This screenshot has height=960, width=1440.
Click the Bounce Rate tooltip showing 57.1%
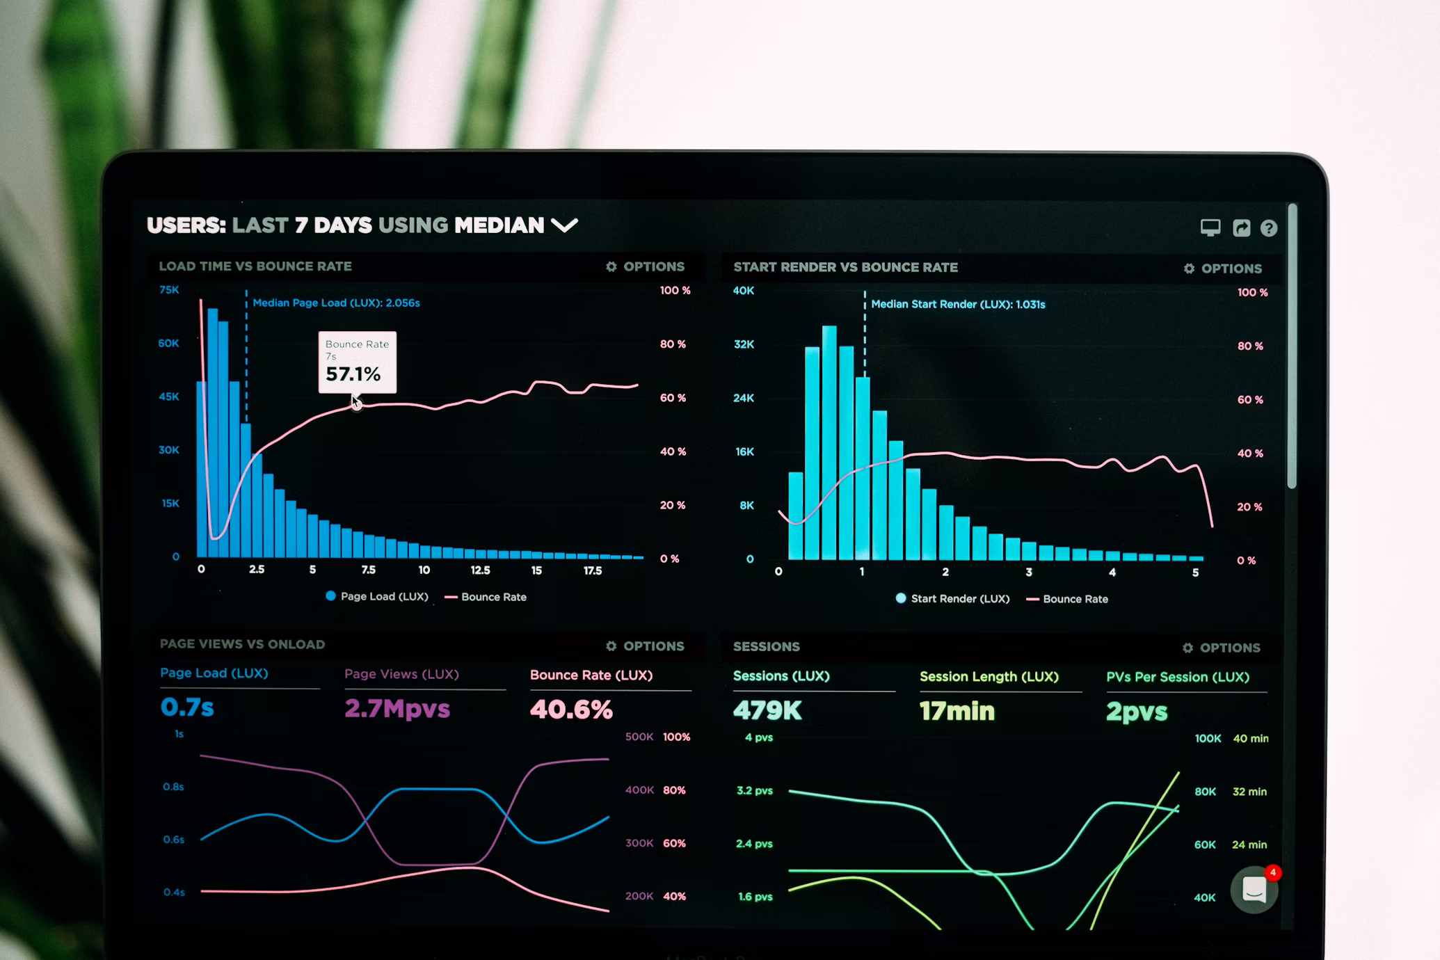click(357, 362)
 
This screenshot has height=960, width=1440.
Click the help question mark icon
click(1268, 228)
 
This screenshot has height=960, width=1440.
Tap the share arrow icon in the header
click(1241, 228)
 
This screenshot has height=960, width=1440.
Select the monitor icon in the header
click(1210, 227)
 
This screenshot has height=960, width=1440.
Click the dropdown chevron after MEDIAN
click(564, 225)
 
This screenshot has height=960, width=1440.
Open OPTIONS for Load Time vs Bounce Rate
click(645, 266)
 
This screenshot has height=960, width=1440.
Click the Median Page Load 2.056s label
click(336, 303)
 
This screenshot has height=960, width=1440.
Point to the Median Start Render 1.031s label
click(957, 304)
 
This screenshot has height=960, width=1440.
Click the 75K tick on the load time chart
click(169, 289)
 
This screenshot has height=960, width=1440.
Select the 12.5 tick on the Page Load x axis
click(480, 570)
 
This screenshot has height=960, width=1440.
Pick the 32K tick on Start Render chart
click(744, 344)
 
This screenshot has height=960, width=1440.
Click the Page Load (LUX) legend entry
click(377, 596)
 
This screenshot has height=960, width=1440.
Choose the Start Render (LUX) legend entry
click(952, 598)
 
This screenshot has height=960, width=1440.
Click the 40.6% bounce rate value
click(570, 710)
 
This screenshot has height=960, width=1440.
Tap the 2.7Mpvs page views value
click(397, 709)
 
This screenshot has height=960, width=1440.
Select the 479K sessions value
click(767, 710)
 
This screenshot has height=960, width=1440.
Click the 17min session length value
click(957, 711)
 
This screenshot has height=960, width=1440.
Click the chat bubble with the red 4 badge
click(1254, 889)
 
